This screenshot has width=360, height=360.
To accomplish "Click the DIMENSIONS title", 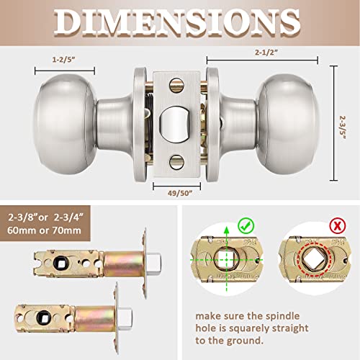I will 180,24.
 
